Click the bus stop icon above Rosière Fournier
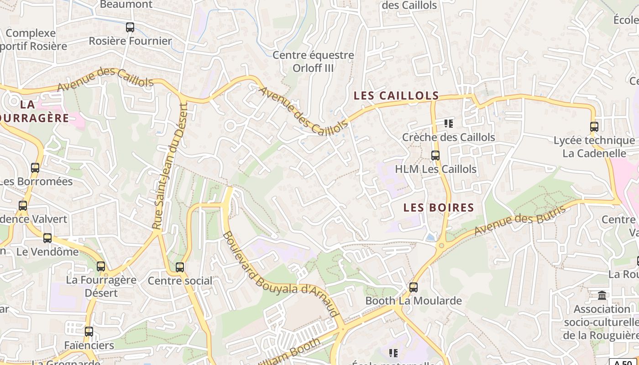click(x=130, y=27)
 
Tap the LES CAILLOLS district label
click(x=396, y=96)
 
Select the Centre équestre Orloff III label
click(x=313, y=62)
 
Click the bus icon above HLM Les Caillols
click(x=435, y=156)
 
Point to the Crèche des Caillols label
click(x=448, y=137)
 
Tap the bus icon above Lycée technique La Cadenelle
click(x=594, y=127)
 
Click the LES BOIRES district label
click(x=439, y=208)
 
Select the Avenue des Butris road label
click(x=520, y=220)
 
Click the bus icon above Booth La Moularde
click(x=414, y=287)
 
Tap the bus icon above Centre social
click(x=180, y=267)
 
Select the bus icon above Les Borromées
click(x=35, y=168)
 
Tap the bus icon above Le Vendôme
click(x=47, y=238)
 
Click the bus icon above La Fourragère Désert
click(x=101, y=266)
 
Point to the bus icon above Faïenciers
click(x=89, y=332)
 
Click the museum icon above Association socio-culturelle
click(x=602, y=296)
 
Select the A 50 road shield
click(x=623, y=362)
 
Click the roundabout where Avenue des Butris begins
click(x=441, y=245)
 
